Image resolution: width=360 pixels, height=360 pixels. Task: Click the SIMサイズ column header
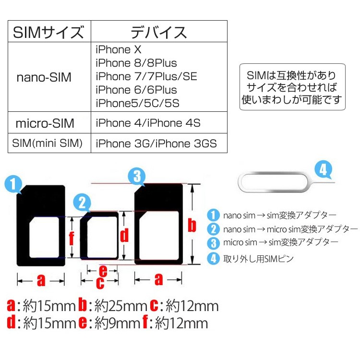pos(48,33)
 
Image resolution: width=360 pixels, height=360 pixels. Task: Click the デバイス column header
pos(159,33)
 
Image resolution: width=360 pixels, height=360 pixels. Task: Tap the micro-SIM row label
pos(45,123)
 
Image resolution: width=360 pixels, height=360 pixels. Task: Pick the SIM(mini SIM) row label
pos(48,143)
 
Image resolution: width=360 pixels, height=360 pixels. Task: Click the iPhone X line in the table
pos(119,49)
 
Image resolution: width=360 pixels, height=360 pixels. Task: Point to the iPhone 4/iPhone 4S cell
pos(148,123)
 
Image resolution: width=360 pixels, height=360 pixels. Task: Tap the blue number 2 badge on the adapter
pos(83,203)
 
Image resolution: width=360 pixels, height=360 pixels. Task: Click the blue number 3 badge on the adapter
pos(137,177)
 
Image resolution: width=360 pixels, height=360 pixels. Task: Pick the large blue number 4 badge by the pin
pos(324,170)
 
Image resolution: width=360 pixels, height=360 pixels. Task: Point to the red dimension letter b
pos(192,224)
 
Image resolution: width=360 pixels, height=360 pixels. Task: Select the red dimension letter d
pos(124,235)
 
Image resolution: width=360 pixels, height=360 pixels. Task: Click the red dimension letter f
pos(71,237)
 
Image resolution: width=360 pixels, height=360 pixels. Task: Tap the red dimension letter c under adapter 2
pos(100,283)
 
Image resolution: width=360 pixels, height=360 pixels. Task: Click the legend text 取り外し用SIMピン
pos(258,258)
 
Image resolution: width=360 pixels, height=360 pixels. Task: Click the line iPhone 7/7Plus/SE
pos(146,76)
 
